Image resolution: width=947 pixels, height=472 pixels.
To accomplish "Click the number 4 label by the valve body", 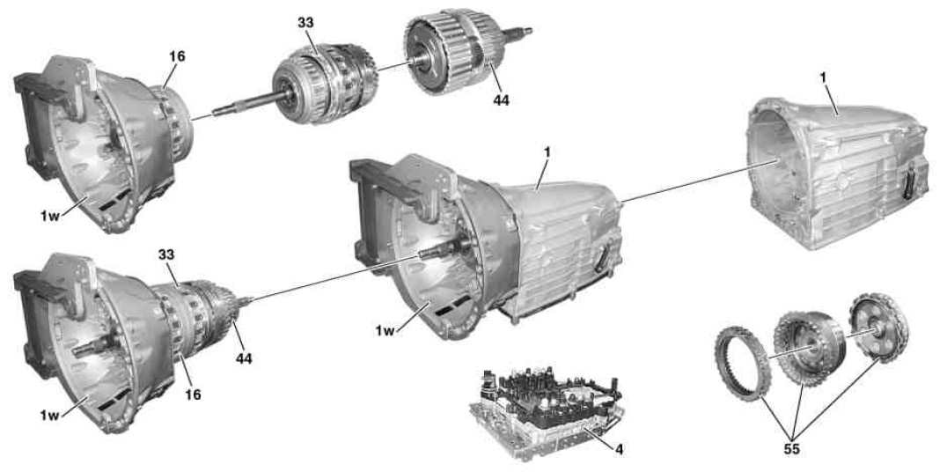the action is [x=619, y=449].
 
